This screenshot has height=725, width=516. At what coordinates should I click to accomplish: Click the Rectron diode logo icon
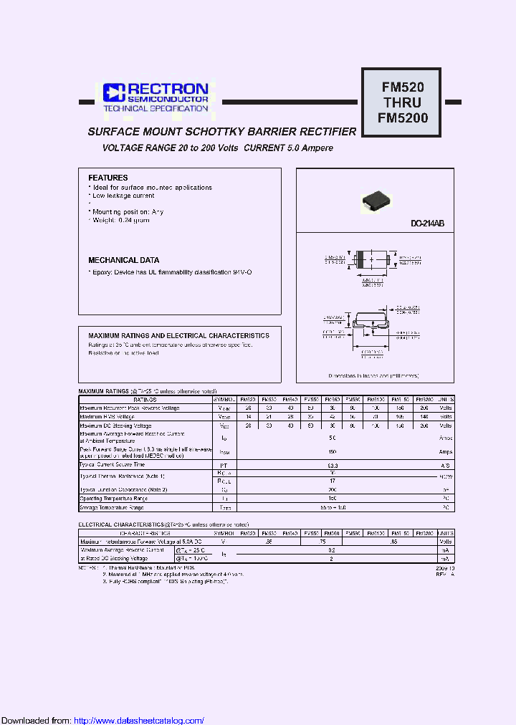[113, 92]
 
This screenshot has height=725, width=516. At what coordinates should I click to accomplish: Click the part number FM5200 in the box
[403, 118]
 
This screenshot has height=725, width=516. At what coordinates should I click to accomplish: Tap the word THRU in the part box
[403, 102]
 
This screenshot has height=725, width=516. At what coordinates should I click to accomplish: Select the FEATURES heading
[108, 178]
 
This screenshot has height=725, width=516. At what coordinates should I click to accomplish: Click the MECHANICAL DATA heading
[124, 260]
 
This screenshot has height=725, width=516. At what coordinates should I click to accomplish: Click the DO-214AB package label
[428, 224]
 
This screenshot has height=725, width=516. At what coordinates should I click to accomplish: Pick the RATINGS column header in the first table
[145, 399]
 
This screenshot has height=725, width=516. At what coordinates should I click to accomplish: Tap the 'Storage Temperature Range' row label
[112, 507]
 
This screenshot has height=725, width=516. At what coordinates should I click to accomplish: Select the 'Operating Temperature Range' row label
[114, 498]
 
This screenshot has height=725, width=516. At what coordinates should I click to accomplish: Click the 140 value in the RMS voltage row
[424, 416]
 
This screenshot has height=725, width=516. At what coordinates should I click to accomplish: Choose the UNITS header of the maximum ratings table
[445, 399]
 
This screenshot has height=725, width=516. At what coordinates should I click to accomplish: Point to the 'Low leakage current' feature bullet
[123, 196]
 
